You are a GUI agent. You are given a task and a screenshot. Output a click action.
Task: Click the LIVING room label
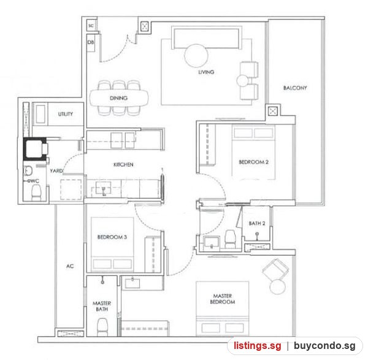pos(206,72)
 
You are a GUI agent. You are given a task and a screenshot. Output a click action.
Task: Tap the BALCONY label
pos(295,88)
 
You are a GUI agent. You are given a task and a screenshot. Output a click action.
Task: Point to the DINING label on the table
pos(118,98)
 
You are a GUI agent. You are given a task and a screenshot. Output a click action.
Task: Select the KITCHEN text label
pos(123,165)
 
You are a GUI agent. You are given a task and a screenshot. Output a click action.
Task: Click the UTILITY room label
pos(66,114)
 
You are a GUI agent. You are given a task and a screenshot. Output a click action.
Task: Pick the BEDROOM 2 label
pos(253,162)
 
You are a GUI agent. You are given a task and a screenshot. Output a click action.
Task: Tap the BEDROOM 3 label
pos(112,237)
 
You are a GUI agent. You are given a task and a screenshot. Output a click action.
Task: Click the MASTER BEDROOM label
pos(223,299)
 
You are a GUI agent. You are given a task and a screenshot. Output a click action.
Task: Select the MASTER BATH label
pos(102,306)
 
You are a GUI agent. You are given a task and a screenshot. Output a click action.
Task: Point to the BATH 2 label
pos(257,223)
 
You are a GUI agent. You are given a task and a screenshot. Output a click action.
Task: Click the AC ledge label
pos(70,266)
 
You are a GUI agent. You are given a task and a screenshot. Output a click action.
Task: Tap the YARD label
pos(56,171)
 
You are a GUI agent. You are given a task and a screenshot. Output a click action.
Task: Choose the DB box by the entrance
pos(91,42)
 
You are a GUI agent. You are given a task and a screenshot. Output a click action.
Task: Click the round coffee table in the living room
pos(196,56)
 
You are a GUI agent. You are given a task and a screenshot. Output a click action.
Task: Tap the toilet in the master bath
pos(102,327)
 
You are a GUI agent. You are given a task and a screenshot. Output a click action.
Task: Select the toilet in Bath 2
pos(230,239)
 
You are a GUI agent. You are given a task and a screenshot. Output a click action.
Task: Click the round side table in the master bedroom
pos(278,287)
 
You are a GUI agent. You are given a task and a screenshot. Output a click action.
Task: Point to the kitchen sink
pos(103,188)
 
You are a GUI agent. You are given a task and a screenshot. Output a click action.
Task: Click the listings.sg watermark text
pos(257,346)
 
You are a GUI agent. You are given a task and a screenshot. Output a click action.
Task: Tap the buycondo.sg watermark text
pos(324,346)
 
